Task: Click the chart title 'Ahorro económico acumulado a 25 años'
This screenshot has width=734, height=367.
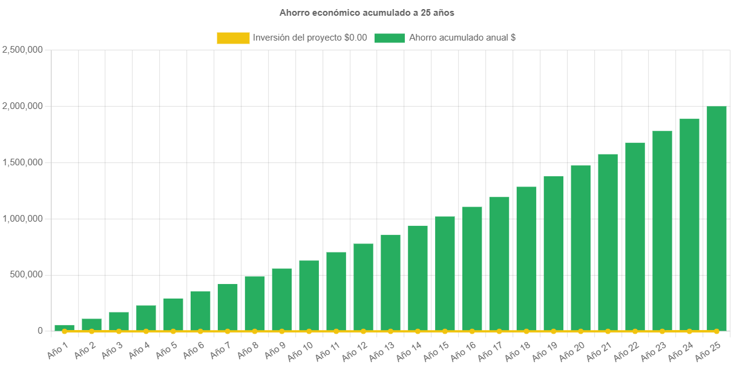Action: click(367, 12)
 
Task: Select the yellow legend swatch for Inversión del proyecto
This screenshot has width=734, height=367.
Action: click(233, 38)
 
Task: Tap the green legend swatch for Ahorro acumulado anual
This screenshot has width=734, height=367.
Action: click(389, 38)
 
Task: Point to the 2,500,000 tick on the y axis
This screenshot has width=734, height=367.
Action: click(22, 50)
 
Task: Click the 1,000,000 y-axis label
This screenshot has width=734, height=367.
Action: click(22, 218)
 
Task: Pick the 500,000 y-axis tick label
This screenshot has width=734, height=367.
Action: click(25, 274)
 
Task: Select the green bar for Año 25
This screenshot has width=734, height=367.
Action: click(716, 218)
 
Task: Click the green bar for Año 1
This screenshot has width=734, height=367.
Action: click(64, 328)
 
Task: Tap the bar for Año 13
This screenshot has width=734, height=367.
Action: click(390, 282)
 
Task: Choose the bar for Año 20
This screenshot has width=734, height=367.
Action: click(580, 248)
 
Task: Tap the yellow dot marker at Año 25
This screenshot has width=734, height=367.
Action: click(716, 331)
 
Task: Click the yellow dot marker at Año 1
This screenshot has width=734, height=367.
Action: click(64, 331)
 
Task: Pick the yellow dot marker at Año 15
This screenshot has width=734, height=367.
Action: click(445, 331)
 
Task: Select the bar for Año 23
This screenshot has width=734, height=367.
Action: click(662, 231)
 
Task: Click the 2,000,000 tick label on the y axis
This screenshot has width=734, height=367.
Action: click(22, 106)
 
